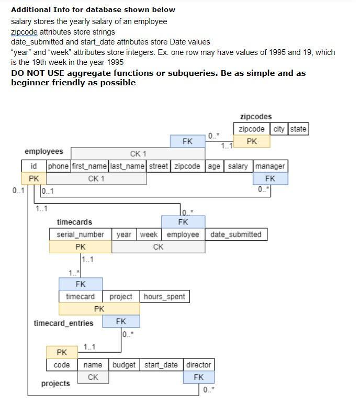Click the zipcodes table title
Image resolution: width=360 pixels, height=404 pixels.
tap(256, 117)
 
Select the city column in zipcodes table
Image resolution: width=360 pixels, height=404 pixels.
tap(278, 129)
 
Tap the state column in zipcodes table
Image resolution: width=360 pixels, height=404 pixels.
tap(298, 129)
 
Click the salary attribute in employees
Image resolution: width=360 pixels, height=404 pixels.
tap(238, 166)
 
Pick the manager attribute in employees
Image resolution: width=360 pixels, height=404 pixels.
tap(270, 166)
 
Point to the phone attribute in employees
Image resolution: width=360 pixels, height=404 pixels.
tap(58, 166)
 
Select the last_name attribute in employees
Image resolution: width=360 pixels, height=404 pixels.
tap(127, 166)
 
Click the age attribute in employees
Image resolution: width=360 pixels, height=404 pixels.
tap(213, 166)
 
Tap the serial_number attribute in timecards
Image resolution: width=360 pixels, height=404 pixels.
tap(81, 234)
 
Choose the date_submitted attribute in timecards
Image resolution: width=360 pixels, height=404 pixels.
tap(235, 234)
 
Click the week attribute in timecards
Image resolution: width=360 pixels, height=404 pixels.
tap(149, 234)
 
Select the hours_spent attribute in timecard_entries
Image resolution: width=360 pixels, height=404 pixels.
tap(164, 297)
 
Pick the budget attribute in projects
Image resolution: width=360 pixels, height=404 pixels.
tap(124, 365)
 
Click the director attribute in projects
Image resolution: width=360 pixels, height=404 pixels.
tap(198, 365)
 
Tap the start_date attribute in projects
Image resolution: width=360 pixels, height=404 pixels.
tap(161, 365)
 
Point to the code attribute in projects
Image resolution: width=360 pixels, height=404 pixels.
tap(62, 365)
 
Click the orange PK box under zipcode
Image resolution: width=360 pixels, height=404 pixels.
tap(252, 141)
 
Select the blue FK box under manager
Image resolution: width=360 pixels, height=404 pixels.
tap(270, 178)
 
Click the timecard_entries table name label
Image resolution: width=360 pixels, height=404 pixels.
tap(63, 323)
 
